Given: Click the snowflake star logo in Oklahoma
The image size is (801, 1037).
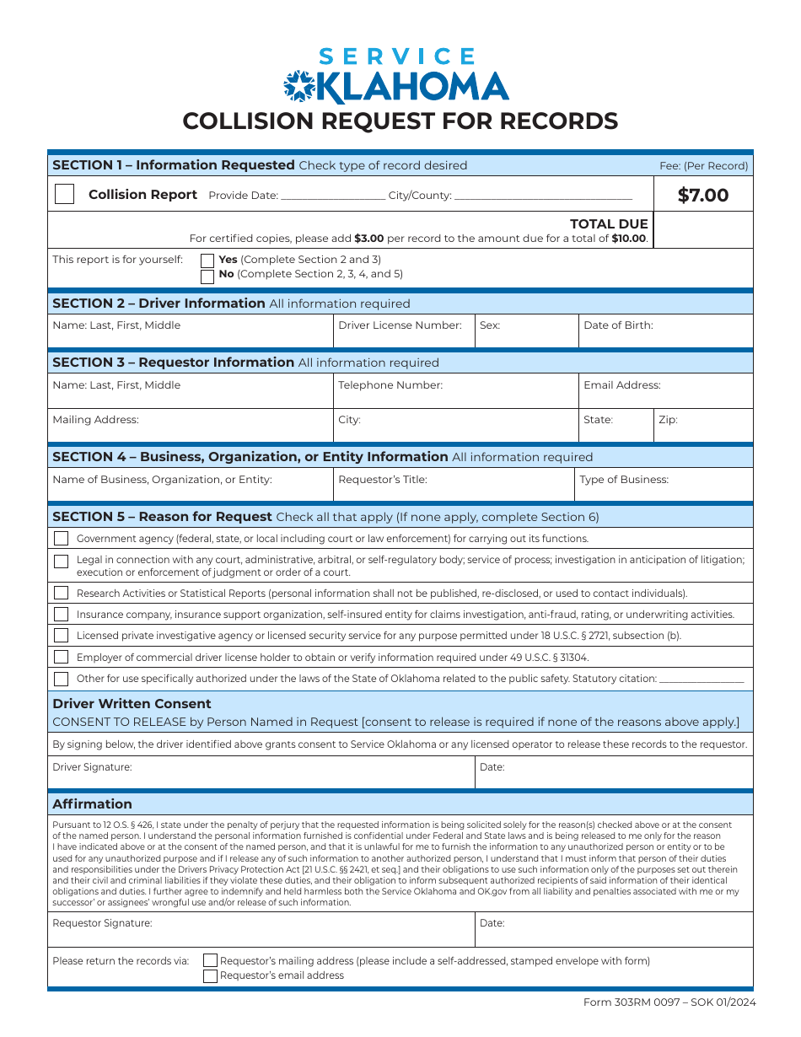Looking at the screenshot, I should pyautogui.click(x=298, y=85).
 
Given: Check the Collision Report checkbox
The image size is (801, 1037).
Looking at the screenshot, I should pyautogui.click(x=64, y=194).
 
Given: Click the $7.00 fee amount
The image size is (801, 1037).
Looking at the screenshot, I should pyautogui.click(x=703, y=196).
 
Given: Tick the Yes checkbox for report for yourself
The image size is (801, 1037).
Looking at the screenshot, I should pyautogui.click(x=207, y=261).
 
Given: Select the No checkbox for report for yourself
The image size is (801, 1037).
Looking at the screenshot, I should pyautogui.click(x=207, y=276).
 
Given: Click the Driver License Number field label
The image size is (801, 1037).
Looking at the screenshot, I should pyautogui.click(x=400, y=325).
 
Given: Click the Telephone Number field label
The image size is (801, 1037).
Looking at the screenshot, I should pyautogui.click(x=390, y=385).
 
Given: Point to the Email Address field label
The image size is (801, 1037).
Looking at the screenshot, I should pyautogui.click(x=622, y=385).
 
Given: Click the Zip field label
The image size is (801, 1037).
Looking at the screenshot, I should pyautogui.click(x=668, y=420).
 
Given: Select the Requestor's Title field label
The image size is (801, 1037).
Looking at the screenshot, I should pyautogui.click(x=383, y=480).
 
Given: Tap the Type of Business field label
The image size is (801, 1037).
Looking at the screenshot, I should pyautogui.click(x=624, y=480).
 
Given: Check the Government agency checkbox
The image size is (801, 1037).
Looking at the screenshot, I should pyautogui.click(x=62, y=539).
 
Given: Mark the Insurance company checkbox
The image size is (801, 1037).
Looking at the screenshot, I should pyautogui.click(x=62, y=615).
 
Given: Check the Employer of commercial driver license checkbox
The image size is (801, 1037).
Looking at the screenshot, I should pyautogui.click(x=62, y=658).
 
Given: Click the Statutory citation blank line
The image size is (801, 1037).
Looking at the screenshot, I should pyautogui.click(x=702, y=679).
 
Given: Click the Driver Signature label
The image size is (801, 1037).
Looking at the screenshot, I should pyautogui.click(x=93, y=767).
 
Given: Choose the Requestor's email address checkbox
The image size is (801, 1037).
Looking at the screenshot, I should pyautogui.click(x=211, y=976).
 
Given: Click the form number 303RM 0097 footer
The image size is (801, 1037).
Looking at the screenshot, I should pyautogui.click(x=669, y=1002).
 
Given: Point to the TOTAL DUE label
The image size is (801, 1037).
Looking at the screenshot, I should pyautogui.click(x=609, y=224).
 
